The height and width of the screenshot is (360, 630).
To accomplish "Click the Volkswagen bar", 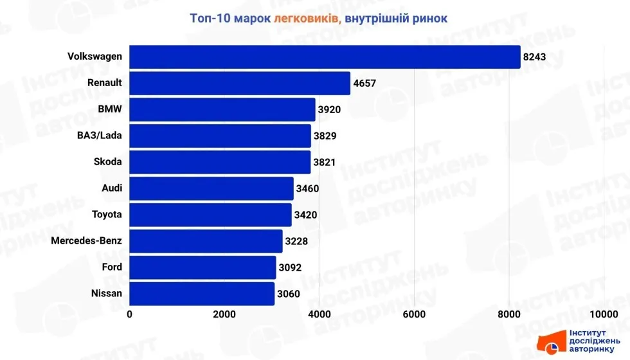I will point(325,57).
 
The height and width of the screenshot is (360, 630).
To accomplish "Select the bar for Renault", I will point(240,83).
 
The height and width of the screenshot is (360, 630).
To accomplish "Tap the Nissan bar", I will point(202,294).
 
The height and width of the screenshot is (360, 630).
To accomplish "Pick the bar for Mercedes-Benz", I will point(206,241).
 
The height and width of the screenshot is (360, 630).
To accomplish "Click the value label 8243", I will point(535,57).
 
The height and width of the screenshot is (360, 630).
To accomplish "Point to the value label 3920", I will point(329,110).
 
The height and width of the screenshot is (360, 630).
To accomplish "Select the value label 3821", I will point(325,163).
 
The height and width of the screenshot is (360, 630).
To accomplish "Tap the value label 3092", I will point(290,267).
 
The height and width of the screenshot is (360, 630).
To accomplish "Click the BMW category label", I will point(109,109).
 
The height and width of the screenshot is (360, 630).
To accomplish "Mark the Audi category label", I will point(111,188).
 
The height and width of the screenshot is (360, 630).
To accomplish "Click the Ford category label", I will point(112,267).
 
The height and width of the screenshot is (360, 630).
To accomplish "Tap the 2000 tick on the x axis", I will point(224,314).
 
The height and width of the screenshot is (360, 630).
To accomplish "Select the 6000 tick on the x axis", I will point(414,314).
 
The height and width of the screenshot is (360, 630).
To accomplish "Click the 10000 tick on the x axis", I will point(604,314).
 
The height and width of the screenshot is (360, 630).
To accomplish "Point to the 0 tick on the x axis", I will point(130,314).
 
